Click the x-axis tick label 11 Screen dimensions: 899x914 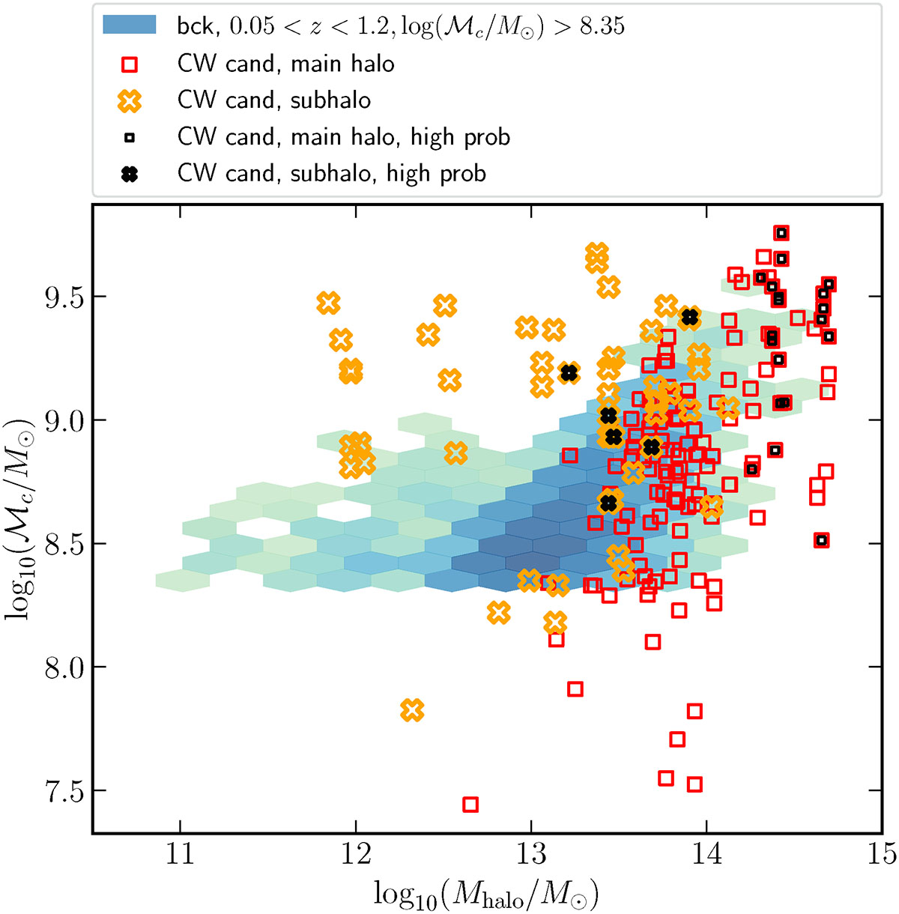click(180, 854)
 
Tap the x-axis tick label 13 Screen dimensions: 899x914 click(531, 854)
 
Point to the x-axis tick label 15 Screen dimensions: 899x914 click(882, 854)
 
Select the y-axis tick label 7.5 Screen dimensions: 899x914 click(64, 790)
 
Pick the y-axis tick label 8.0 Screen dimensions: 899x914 click(64, 667)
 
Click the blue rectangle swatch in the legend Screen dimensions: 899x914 click(130, 24)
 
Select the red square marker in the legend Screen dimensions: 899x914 click(130, 64)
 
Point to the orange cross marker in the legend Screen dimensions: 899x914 click(130, 100)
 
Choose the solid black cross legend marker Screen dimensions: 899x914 click(130, 175)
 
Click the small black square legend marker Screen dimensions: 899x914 click(130, 138)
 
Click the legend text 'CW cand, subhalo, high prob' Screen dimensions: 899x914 click(332, 174)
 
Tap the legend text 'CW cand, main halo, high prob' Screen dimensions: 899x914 click(343, 137)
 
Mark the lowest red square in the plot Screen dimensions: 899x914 click(470, 805)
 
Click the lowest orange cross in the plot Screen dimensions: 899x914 click(412, 710)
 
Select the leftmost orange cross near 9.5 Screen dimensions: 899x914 click(328, 303)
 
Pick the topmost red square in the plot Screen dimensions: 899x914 click(781, 233)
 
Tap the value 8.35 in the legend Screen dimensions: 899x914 click(602, 25)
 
